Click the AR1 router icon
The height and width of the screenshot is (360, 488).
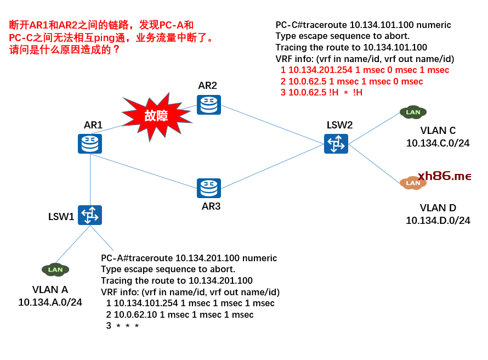tap(90, 144)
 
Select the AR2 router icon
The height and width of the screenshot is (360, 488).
tap(208, 105)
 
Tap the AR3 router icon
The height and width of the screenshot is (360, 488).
tap(209, 188)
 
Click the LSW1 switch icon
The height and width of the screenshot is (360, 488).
tap(89, 215)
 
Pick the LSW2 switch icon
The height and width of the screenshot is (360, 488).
tap(336, 144)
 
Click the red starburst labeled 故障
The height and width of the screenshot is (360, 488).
tap(156, 116)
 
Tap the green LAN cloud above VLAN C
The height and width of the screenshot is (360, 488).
tap(413, 113)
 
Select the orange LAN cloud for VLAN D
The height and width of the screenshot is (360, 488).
tap(412, 183)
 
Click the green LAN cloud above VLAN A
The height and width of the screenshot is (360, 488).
tap(55, 269)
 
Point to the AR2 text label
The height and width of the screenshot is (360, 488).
tap(208, 86)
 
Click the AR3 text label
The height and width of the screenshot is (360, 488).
tap(211, 206)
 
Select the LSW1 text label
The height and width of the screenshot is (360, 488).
tap(61, 216)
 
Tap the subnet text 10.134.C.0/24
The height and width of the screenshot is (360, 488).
tap(438, 143)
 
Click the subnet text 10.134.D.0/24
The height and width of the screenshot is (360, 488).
tap(438, 221)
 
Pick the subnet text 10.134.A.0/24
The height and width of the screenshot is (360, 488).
tap(50, 302)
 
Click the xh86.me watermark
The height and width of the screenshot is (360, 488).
tap(444, 176)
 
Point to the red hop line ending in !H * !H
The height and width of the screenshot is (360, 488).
tap(321, 93)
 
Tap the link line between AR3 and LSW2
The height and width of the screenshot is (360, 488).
tap(273, 166)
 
